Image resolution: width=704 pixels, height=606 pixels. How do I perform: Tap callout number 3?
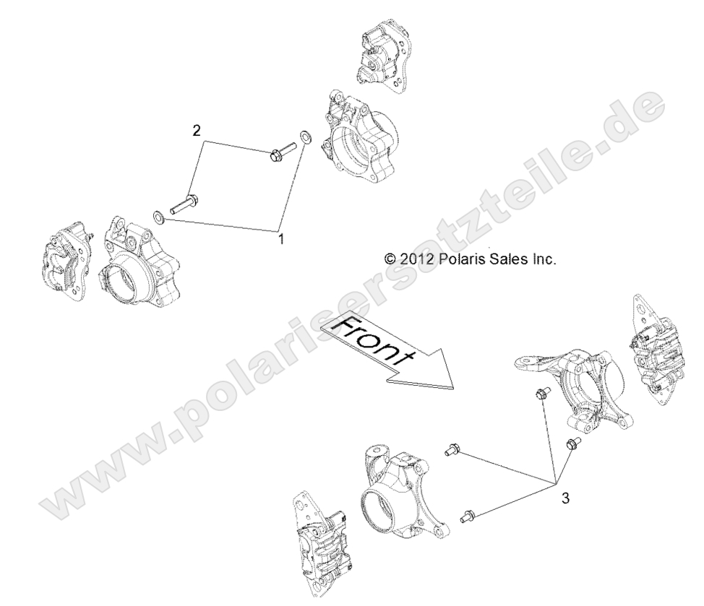[x=566, y=498]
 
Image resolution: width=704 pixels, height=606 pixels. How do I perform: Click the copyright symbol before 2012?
[x=390, y=257]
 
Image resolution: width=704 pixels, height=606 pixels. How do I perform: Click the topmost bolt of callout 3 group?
[x=541, y=393]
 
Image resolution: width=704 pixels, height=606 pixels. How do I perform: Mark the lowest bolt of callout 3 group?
[x=466, y=516]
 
